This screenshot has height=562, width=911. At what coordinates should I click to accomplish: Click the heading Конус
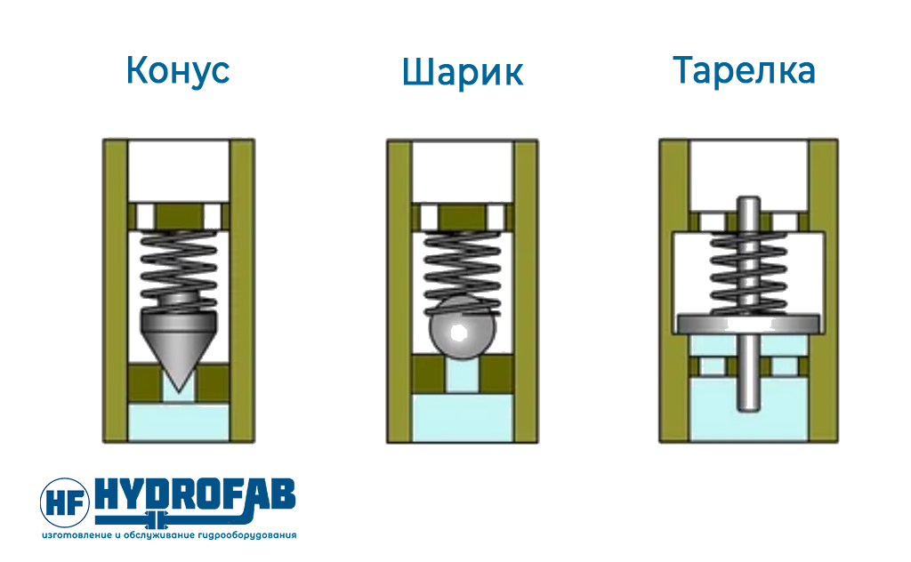(x=178, y=71)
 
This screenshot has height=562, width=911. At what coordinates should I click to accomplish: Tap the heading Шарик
(x=463, y=72)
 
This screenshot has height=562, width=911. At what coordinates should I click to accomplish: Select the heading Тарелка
(x=745, y=70)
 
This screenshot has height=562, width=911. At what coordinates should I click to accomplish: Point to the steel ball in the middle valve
(x=463, y=329)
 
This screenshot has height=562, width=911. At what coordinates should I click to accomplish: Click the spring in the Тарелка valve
(x=748, y=273)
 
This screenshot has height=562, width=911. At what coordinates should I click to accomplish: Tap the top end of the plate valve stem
(x=748, y=197)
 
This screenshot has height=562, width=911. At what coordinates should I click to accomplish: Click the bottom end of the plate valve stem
(x=748, y=411)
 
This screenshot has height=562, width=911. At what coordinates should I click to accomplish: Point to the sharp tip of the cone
(x=179, y=390)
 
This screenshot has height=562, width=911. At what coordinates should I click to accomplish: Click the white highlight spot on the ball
(x=459, y=333)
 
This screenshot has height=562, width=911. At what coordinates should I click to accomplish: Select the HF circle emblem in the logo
(x=65, y=502)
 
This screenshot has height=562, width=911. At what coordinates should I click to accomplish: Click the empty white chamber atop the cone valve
(x=178, y=172)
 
